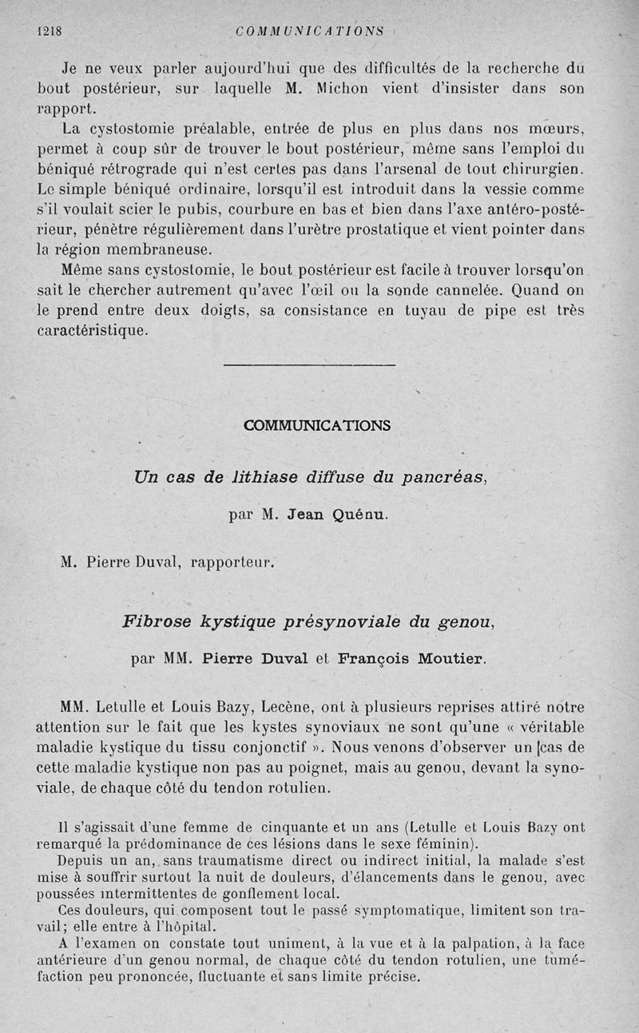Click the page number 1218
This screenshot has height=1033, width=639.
pos(50,31)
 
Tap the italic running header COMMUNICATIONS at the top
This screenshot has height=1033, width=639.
pos(311,31)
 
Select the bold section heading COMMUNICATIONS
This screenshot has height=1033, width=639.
pos(317,425)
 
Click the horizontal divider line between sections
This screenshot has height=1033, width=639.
pos(309,366)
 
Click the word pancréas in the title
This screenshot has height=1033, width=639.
pos(443,477)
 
